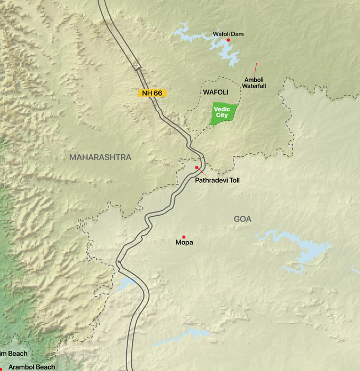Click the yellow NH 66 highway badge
point(152,93)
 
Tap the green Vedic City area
point(222,113)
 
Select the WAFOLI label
point(215,92)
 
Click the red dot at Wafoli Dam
point(228,40)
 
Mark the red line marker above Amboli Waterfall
point(256,68)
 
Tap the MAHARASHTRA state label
point(100,157)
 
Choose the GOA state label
point(242,219)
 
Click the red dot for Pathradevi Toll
point(197,167)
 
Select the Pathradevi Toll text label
point(217,181)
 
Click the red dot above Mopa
point(184,237)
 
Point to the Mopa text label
point(184,243)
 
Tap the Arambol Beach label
point(32,367)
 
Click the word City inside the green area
point(222,115)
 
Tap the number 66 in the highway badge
point(158,93)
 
